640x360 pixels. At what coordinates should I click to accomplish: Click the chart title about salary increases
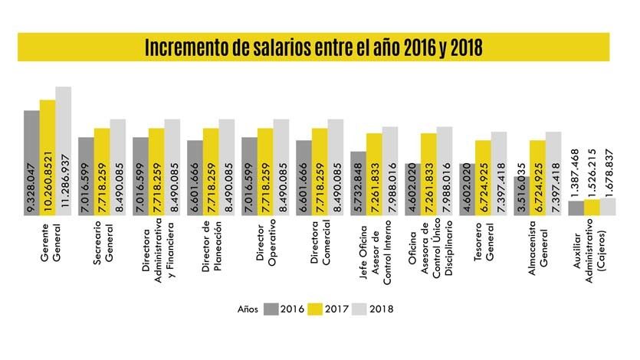[313, 47]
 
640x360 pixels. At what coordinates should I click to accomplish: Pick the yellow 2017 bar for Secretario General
[102, 172]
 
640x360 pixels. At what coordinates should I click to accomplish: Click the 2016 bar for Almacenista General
[521, 196]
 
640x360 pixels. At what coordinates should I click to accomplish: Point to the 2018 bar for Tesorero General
[498, 174]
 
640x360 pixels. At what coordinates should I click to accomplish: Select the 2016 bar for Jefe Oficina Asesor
[358, 184]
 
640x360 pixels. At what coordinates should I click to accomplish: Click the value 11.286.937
[63, 185]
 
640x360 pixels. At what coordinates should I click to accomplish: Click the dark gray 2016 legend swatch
[271, 309]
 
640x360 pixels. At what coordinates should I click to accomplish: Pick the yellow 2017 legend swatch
[315, 309]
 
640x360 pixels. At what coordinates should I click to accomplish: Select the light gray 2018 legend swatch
[358, 309]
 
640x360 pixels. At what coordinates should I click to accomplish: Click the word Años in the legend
[247, 309]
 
